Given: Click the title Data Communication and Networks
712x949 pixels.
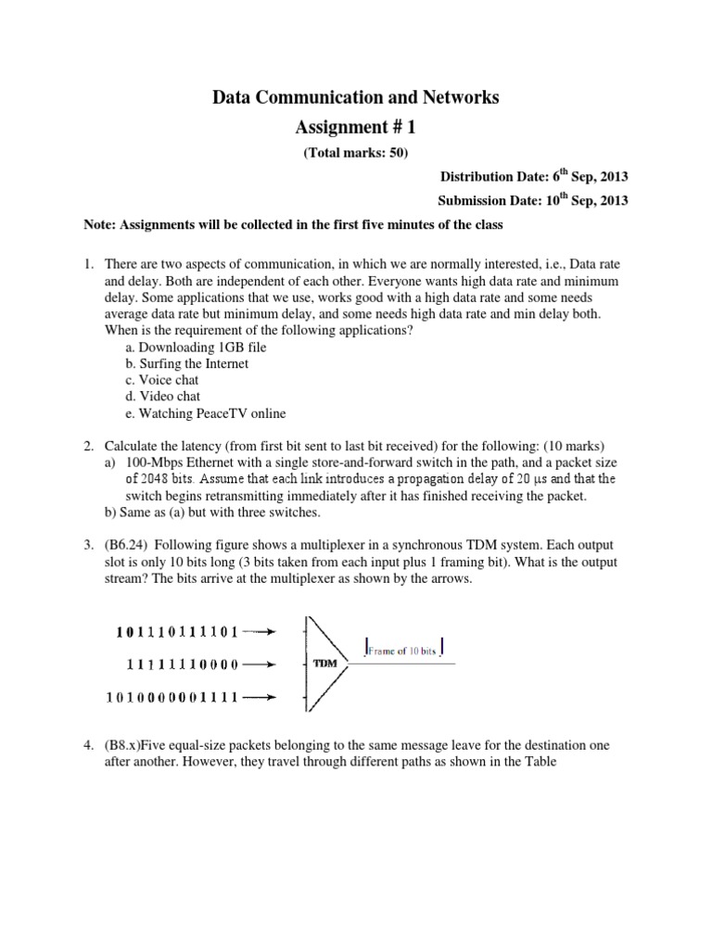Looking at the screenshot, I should pos(357,96).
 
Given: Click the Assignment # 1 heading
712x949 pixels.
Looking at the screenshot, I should pos(357,129).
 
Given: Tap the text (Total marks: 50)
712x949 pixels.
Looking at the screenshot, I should pos(356,153).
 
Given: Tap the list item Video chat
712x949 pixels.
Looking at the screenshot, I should pos(162,397).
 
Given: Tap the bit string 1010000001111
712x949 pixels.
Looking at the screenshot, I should pos(172,696).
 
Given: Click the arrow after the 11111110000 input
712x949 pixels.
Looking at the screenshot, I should pos(261,664).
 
